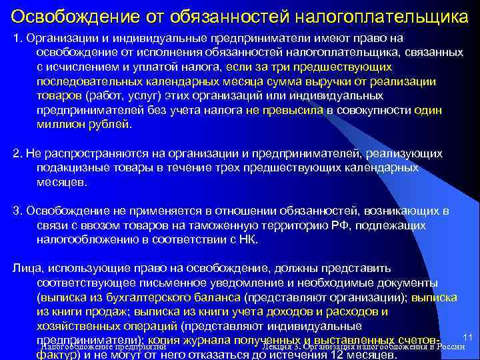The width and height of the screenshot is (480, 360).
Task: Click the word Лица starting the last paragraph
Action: coord(25,269)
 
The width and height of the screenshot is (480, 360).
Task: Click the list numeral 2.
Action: coord(16,154)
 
